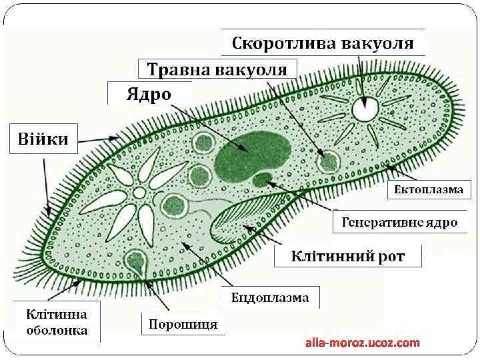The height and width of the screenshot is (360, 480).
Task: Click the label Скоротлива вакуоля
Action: tap(323, 44)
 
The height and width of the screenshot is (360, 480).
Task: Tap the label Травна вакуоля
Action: tap(217, 69)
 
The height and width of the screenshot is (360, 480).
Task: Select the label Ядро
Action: tap(149, 94)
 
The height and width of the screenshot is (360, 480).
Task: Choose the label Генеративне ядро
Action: tap(399, 222)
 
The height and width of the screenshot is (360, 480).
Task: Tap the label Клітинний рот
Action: tap(347, 255)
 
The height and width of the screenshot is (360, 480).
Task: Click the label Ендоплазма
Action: tap(270, 297)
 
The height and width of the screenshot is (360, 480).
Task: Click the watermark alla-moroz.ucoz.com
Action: tap(363, 343)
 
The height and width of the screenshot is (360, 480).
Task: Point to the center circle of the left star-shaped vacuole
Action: tap(139, 193)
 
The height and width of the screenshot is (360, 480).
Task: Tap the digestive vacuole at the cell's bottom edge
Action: tap(138, 260)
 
